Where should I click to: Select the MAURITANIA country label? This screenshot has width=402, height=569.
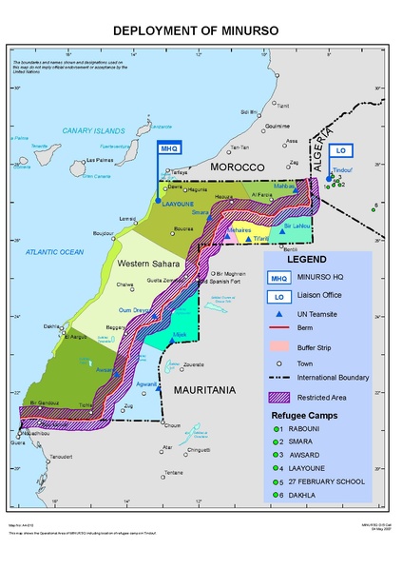pos(197,389)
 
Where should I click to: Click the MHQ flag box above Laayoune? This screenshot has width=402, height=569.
pos(168,148)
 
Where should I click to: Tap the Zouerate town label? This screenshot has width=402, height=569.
pos(193,364)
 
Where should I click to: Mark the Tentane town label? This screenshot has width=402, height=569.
pos(172,473)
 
